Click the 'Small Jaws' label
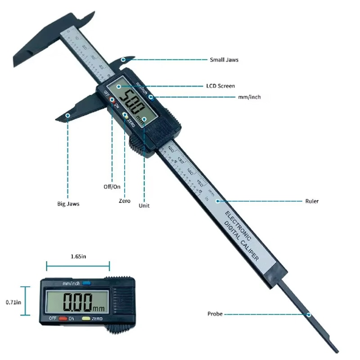pos(224,59)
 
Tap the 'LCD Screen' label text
pos(220,86)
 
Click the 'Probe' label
pos(215,314)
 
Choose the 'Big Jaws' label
pos(68,204)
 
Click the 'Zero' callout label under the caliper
pos(125,201)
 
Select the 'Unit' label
pos(144,206)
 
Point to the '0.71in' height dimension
pos(12,302)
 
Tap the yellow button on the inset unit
pos(86,319)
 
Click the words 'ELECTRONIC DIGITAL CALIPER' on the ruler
pos(241,236)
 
